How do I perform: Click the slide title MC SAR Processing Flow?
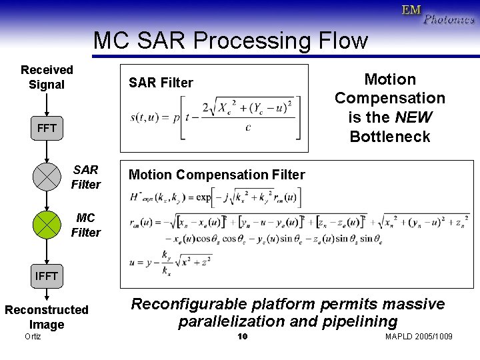(x=230, y=41)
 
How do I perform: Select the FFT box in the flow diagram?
(x=47, y=127)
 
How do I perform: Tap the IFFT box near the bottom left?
(x=47, y=275)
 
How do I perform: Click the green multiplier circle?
(x=47, y=224)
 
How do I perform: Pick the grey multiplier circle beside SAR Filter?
(x=47, y=176)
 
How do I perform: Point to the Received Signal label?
(x=47, y=77)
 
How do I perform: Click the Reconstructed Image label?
(x=47, y=317)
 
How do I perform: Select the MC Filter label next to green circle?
(x=85, y=225)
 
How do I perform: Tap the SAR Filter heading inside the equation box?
(x=161, y=83)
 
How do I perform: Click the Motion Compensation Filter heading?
(x=217, y=175)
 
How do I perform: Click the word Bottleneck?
(x=390, y=137)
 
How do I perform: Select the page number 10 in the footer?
(x=243, y=337)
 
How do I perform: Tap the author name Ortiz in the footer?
(x=32, y=337)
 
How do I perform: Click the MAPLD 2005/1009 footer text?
(x=419, y=337)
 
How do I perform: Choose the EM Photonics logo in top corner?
(x=437, y=15)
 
